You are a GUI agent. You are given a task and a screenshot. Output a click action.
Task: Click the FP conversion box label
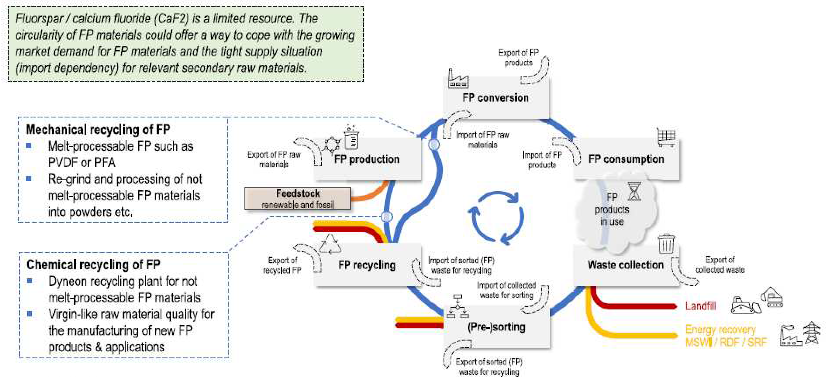[x=495, y=98]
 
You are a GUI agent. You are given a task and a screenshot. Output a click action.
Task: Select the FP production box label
[x=367, y=159]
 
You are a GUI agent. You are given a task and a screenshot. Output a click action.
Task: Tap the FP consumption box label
[x=626, y=159]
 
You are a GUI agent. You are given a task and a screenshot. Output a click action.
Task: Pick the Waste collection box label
[x=625, y=265]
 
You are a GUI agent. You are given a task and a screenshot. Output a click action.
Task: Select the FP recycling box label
[x=367, y=265]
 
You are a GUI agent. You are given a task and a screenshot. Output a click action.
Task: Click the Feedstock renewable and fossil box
[x=297, y=199]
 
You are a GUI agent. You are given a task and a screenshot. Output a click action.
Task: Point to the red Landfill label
[x=701, y=306]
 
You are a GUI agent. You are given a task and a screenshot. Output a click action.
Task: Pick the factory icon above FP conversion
[x=457, y=79]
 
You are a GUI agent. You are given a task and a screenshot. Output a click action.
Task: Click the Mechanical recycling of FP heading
[x=98, y=130]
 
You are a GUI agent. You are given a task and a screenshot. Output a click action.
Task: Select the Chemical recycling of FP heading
[x=93, y=265]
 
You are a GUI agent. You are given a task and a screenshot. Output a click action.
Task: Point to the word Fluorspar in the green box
[x=39, y=19]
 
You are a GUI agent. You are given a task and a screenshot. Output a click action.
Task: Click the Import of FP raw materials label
[x=482, y=140]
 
